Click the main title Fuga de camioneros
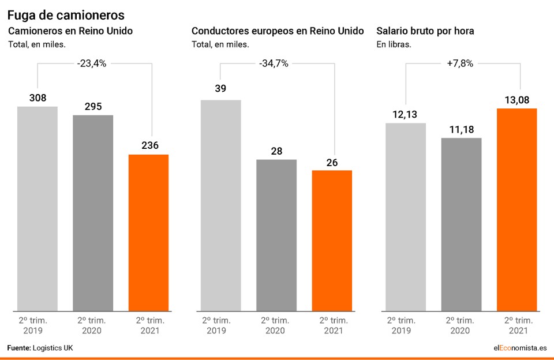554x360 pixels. (x=66, y=14)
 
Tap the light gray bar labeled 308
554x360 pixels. (x=38, y=208)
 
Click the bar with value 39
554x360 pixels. (x=220, y=205)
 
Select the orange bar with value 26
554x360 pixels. (x=332, y=240)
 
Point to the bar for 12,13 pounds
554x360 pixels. (x=406, y=216)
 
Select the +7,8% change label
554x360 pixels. (x=460, y=64)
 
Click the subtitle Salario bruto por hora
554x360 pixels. (x=425, y=31)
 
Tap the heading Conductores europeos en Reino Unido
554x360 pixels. (x=278, y=31)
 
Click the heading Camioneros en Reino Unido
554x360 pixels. (x=70, y=31)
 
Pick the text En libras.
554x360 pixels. (x=394, y=44)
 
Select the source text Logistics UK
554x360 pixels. (x=53, y=348)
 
